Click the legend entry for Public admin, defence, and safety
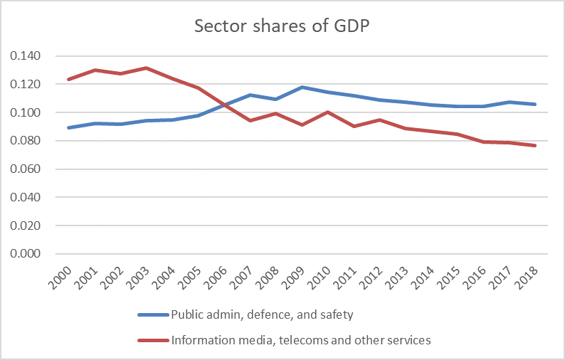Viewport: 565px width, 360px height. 263,315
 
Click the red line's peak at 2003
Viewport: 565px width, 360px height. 145,68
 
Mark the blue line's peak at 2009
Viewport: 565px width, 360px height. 302,88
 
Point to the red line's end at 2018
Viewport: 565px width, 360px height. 535,146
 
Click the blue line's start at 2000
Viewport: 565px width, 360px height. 68,128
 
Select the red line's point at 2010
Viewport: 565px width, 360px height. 328,112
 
